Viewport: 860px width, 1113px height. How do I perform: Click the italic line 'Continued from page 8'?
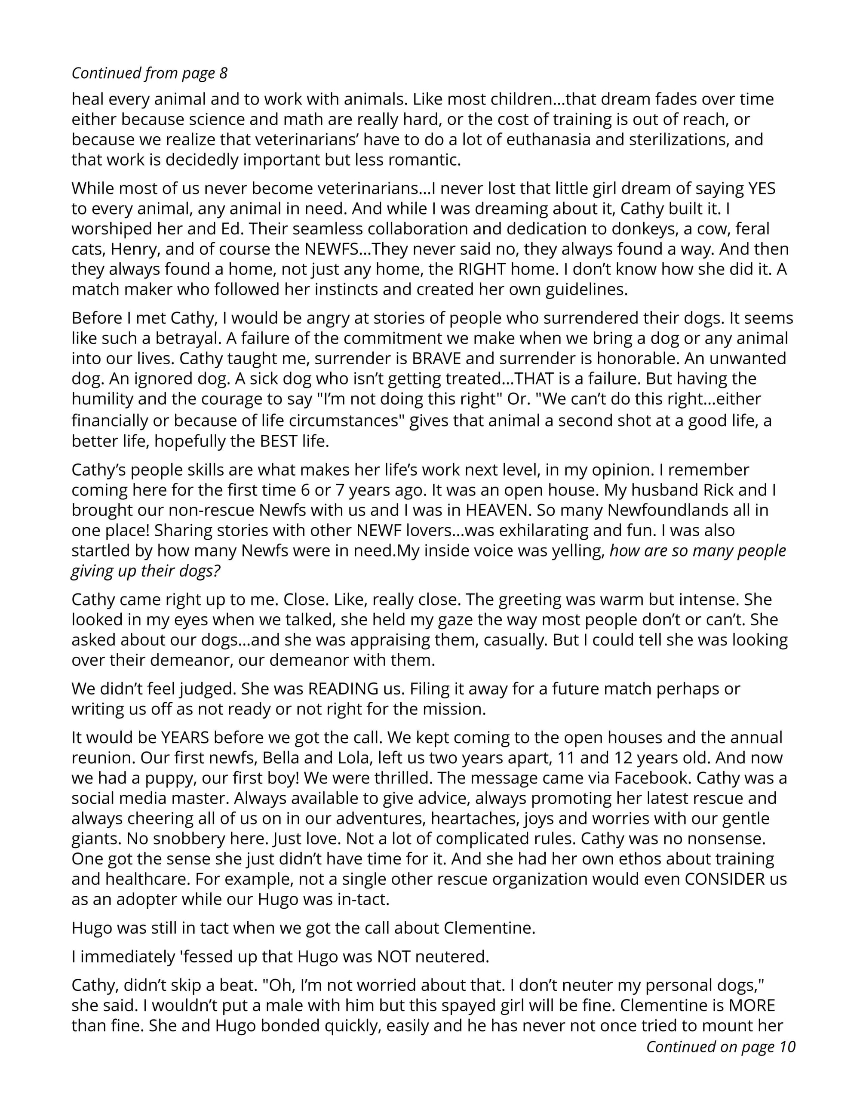(149, 74)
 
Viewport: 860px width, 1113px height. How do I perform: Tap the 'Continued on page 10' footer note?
(720, 1047)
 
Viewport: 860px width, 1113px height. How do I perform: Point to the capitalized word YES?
(762, 188)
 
